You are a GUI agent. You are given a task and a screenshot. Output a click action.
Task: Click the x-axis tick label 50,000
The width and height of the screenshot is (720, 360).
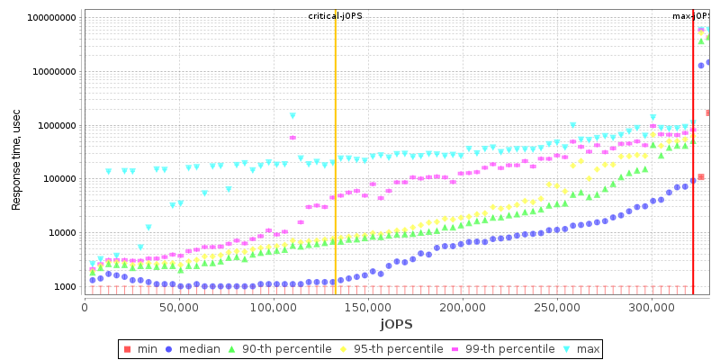point(179,308)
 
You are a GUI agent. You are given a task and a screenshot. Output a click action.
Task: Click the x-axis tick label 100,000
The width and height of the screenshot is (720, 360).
point(274,308)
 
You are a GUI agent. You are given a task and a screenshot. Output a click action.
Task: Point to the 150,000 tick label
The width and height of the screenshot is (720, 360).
point(368,308)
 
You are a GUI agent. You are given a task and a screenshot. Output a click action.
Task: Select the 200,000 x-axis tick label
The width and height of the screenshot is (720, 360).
point(463,308)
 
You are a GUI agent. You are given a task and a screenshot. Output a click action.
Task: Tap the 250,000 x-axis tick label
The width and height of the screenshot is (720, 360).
point(557,308)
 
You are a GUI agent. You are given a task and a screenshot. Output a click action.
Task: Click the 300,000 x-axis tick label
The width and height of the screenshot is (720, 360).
point(652,308)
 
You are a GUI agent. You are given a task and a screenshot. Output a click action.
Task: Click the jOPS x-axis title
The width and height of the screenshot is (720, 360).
point(396,324)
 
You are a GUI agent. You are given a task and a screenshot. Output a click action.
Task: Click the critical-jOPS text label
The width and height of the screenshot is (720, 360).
point(335,16)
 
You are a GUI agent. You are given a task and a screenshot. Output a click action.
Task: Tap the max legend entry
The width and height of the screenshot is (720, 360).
point(580,348)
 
